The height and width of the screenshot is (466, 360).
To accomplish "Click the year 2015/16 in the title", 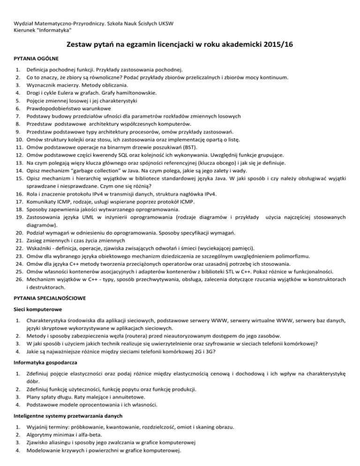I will click(x=277, y=45).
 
